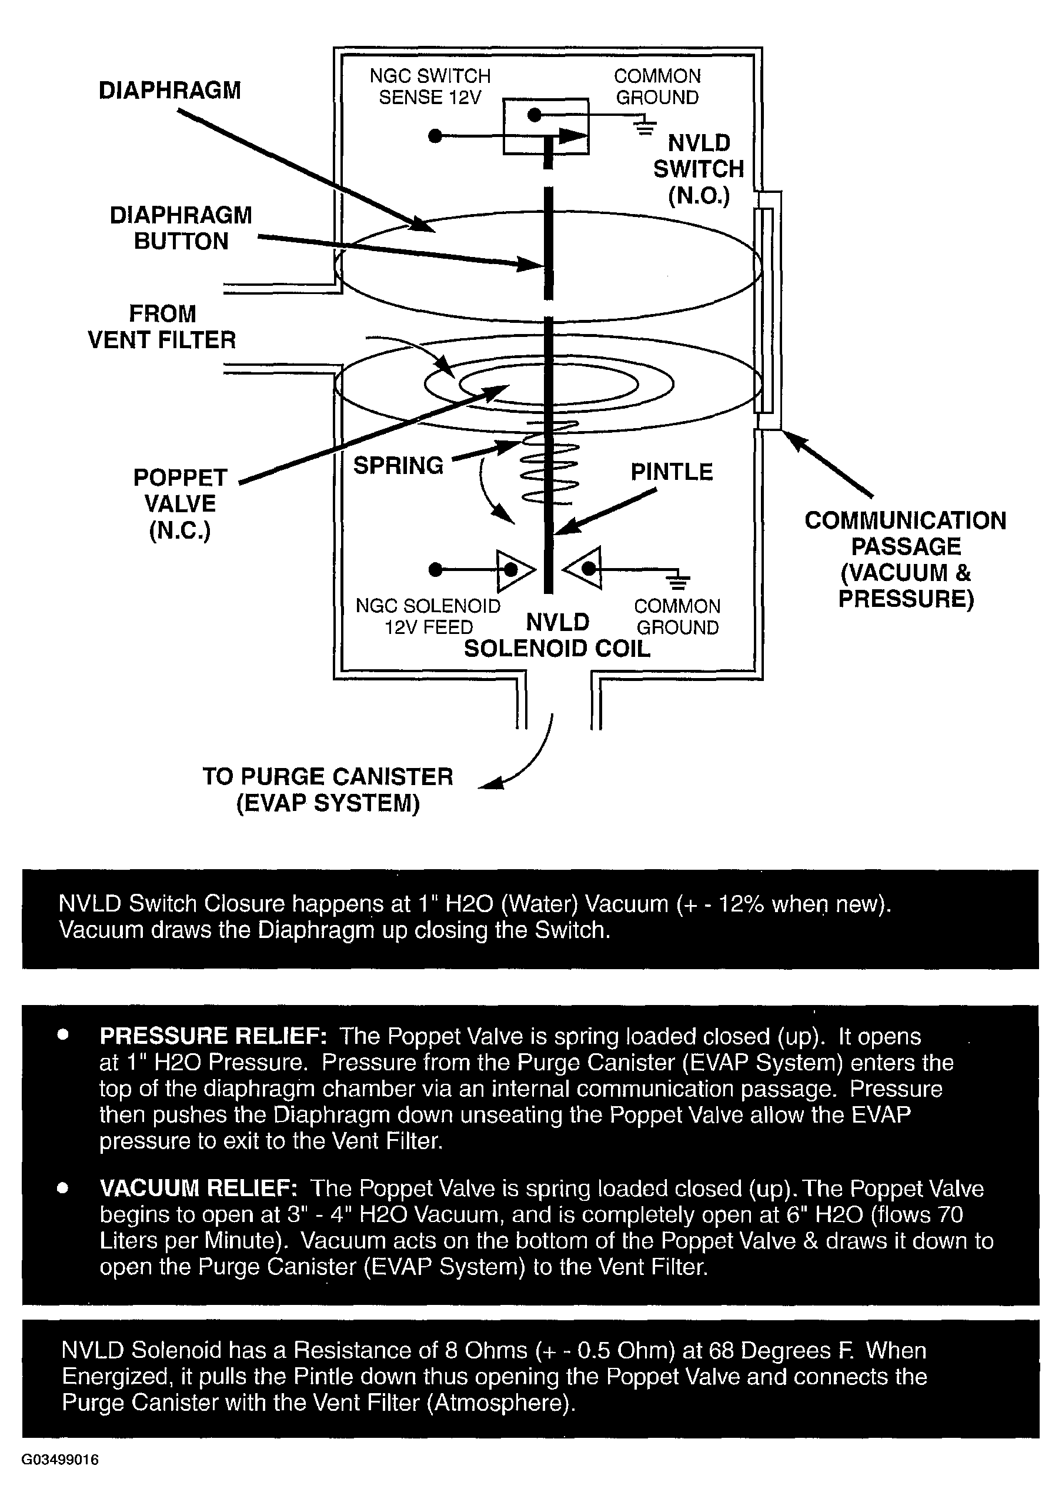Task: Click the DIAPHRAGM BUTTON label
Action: tap(181, 228)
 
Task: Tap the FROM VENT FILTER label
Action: tap(162, 326)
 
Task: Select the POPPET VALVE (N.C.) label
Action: tap(180, 503)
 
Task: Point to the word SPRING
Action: tap(398, 465)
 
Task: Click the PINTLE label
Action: tap(672, 472)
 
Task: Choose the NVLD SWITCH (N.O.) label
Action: tap(699, 169)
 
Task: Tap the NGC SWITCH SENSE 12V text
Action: tap(430, 86)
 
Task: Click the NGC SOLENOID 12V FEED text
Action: tap(428, 616)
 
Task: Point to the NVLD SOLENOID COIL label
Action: tap(557, 635)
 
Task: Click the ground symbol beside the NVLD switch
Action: tap(645, 125)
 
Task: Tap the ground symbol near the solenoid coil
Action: tap(679, 580)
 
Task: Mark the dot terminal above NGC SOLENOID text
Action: tap(435, 569)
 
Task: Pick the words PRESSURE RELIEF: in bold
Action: tap(213, 1036)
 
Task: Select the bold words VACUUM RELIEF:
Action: tap(199, 1188)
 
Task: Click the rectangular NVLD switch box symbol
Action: tap(546, 126)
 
